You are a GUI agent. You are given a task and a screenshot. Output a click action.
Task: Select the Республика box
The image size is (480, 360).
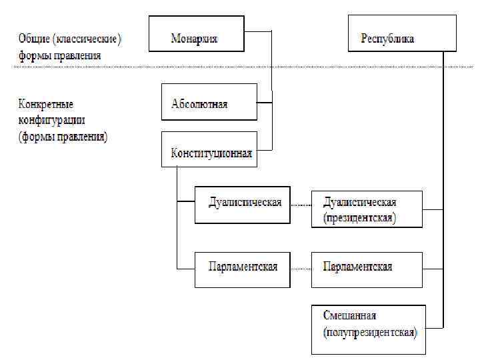[402, 34]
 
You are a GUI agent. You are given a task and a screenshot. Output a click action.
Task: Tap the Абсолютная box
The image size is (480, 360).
[209, 101]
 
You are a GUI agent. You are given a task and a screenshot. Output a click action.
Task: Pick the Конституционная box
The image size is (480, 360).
[209, 149]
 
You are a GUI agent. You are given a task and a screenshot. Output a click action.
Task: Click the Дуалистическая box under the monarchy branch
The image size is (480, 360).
[242, 205]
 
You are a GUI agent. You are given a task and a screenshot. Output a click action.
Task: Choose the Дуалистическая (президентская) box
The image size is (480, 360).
[367, 209]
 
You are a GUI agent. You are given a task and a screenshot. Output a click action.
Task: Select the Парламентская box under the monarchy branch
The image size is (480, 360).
[242, 269]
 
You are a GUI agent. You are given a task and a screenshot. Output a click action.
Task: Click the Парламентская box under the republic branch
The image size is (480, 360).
[367, 269]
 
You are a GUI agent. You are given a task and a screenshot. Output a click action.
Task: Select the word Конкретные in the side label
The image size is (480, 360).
[45, 105]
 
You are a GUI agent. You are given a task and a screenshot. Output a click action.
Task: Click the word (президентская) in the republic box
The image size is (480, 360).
[360, 218]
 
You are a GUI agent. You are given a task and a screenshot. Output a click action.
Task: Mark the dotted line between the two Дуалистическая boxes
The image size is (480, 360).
[301, 204]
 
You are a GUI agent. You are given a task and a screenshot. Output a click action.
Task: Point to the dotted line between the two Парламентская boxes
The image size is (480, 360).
[301, 269]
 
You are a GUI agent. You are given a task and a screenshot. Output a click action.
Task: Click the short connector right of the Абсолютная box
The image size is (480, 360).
[264, 102]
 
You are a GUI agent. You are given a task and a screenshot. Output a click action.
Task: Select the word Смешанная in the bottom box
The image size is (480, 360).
[349, 315]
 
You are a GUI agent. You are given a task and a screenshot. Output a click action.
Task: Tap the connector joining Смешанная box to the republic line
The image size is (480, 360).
[433, 327]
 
